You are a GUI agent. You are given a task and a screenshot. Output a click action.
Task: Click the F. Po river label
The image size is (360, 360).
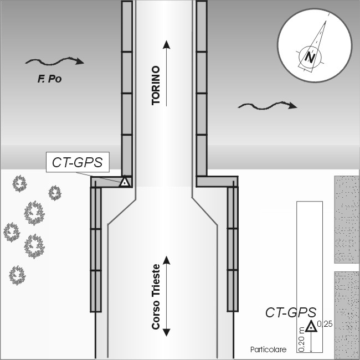pos(50,79)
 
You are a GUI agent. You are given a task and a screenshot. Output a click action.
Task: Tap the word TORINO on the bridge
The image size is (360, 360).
pos(156,85)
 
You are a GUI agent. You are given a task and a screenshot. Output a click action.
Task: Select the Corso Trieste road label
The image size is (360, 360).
pos(156,297)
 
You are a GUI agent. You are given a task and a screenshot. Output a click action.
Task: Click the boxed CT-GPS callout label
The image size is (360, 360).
pos(78,162)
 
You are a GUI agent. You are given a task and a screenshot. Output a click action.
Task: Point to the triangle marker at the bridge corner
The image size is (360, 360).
pos(125,182)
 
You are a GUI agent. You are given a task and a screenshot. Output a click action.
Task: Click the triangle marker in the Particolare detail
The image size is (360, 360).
pos(311,326)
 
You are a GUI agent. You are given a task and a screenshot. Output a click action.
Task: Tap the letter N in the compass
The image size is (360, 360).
pos(310,58)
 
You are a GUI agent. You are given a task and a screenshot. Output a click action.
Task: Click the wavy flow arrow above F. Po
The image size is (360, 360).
pos(55,61)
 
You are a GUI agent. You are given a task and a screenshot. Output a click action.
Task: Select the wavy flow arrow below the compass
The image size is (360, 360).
pos(268,106)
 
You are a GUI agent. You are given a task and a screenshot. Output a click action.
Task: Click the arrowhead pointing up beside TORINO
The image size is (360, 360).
pos(167,44)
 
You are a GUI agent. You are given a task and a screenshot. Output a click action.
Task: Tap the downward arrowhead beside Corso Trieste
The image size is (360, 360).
pos(167,332)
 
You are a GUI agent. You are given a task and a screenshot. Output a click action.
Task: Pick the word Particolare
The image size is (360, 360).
pos(269,349)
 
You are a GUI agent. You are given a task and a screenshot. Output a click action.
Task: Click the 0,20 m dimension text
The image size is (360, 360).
pos(302,340)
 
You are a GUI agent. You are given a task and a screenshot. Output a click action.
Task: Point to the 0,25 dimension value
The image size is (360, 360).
pos(325,324)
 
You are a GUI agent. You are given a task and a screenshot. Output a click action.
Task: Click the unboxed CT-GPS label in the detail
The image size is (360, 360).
pos(291,312)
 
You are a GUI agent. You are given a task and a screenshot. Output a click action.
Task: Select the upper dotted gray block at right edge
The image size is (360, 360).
pos(347,219)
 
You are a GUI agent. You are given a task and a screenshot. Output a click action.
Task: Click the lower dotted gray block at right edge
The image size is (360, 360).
pos(347,315)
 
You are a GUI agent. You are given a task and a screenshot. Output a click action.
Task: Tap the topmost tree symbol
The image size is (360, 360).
pos(19,183)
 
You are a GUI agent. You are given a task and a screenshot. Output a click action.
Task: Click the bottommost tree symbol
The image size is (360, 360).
pos(17,275)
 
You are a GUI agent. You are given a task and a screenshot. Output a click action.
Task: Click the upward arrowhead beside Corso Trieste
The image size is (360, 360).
pos(167,260)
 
